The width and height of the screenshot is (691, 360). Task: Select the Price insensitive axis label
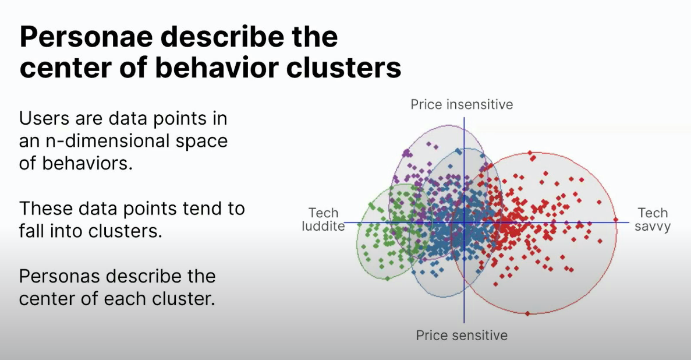point(462,104)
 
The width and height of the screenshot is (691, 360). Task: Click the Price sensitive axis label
point(462,336)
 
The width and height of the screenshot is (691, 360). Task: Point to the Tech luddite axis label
point(323,219)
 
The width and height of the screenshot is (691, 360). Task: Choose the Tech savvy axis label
point(653,220)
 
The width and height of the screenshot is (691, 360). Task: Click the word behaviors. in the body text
point(87,163)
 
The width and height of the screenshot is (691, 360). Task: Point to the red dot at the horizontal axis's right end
point(616,220)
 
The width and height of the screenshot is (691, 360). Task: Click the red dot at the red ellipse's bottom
point(528,313)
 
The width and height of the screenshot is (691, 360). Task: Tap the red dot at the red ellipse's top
point(531,153)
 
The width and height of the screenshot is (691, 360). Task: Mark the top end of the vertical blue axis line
point(463,118)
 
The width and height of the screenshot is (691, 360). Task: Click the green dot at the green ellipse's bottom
point(387,278)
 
